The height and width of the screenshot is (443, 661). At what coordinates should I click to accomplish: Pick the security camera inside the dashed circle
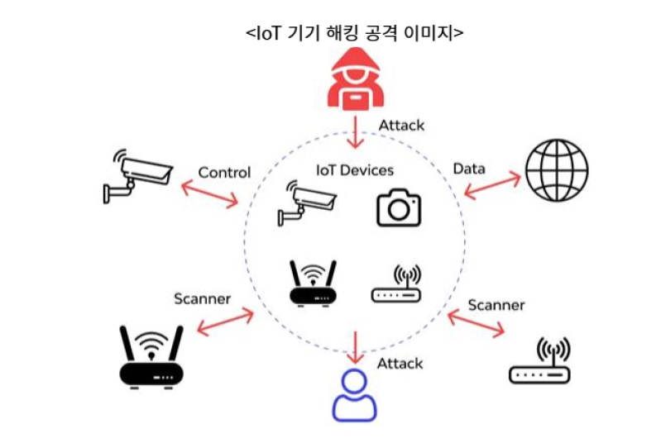[x=306, y=202]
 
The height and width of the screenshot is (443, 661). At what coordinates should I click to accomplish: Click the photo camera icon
[x=399, y=207]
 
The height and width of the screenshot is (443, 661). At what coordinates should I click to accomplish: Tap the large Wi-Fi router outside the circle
[x=151, y=356]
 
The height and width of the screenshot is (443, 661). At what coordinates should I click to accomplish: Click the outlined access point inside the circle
[x=395, y=284]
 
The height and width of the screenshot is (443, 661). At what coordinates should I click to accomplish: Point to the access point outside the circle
[x=539, y=361]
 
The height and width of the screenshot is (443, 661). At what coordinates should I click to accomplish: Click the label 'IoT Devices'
[x=355, y=170]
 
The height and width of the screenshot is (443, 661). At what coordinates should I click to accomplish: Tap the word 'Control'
[x=224, y=173]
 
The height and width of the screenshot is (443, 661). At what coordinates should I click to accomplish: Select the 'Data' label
[x=469, y=169]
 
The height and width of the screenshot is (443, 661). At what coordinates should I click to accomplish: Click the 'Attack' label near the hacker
[x=401, y=126]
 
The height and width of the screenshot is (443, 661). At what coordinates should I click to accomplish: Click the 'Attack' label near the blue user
[x=400, y=364]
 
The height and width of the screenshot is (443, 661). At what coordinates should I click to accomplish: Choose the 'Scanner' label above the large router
[x=202, y=298]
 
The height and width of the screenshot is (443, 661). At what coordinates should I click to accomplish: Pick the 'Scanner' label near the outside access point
[x=496, y=305]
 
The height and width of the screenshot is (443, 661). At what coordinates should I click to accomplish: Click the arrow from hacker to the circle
[x=355, y=131]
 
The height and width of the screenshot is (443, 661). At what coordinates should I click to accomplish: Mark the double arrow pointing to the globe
[x=492, y=185]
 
